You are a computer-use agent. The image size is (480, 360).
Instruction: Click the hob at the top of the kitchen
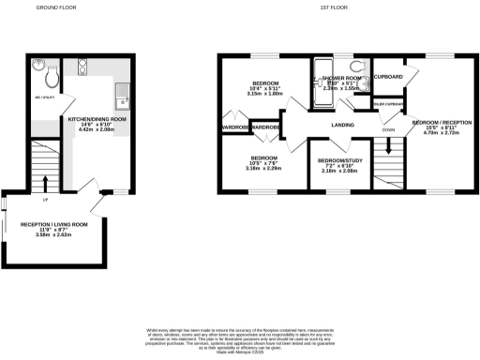tap(82, 67)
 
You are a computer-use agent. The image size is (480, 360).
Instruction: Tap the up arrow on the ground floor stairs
tap(42, 172)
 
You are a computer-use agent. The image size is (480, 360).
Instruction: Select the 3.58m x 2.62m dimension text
tap(54, 235)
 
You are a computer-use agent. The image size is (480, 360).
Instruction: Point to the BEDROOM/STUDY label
tap(338, 160)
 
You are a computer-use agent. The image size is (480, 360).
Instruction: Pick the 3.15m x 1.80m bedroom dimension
tap(264, 94)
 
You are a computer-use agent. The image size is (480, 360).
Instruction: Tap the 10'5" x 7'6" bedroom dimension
tap(264, 163)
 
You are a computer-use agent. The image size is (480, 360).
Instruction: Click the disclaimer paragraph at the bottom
tap(240, 339)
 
